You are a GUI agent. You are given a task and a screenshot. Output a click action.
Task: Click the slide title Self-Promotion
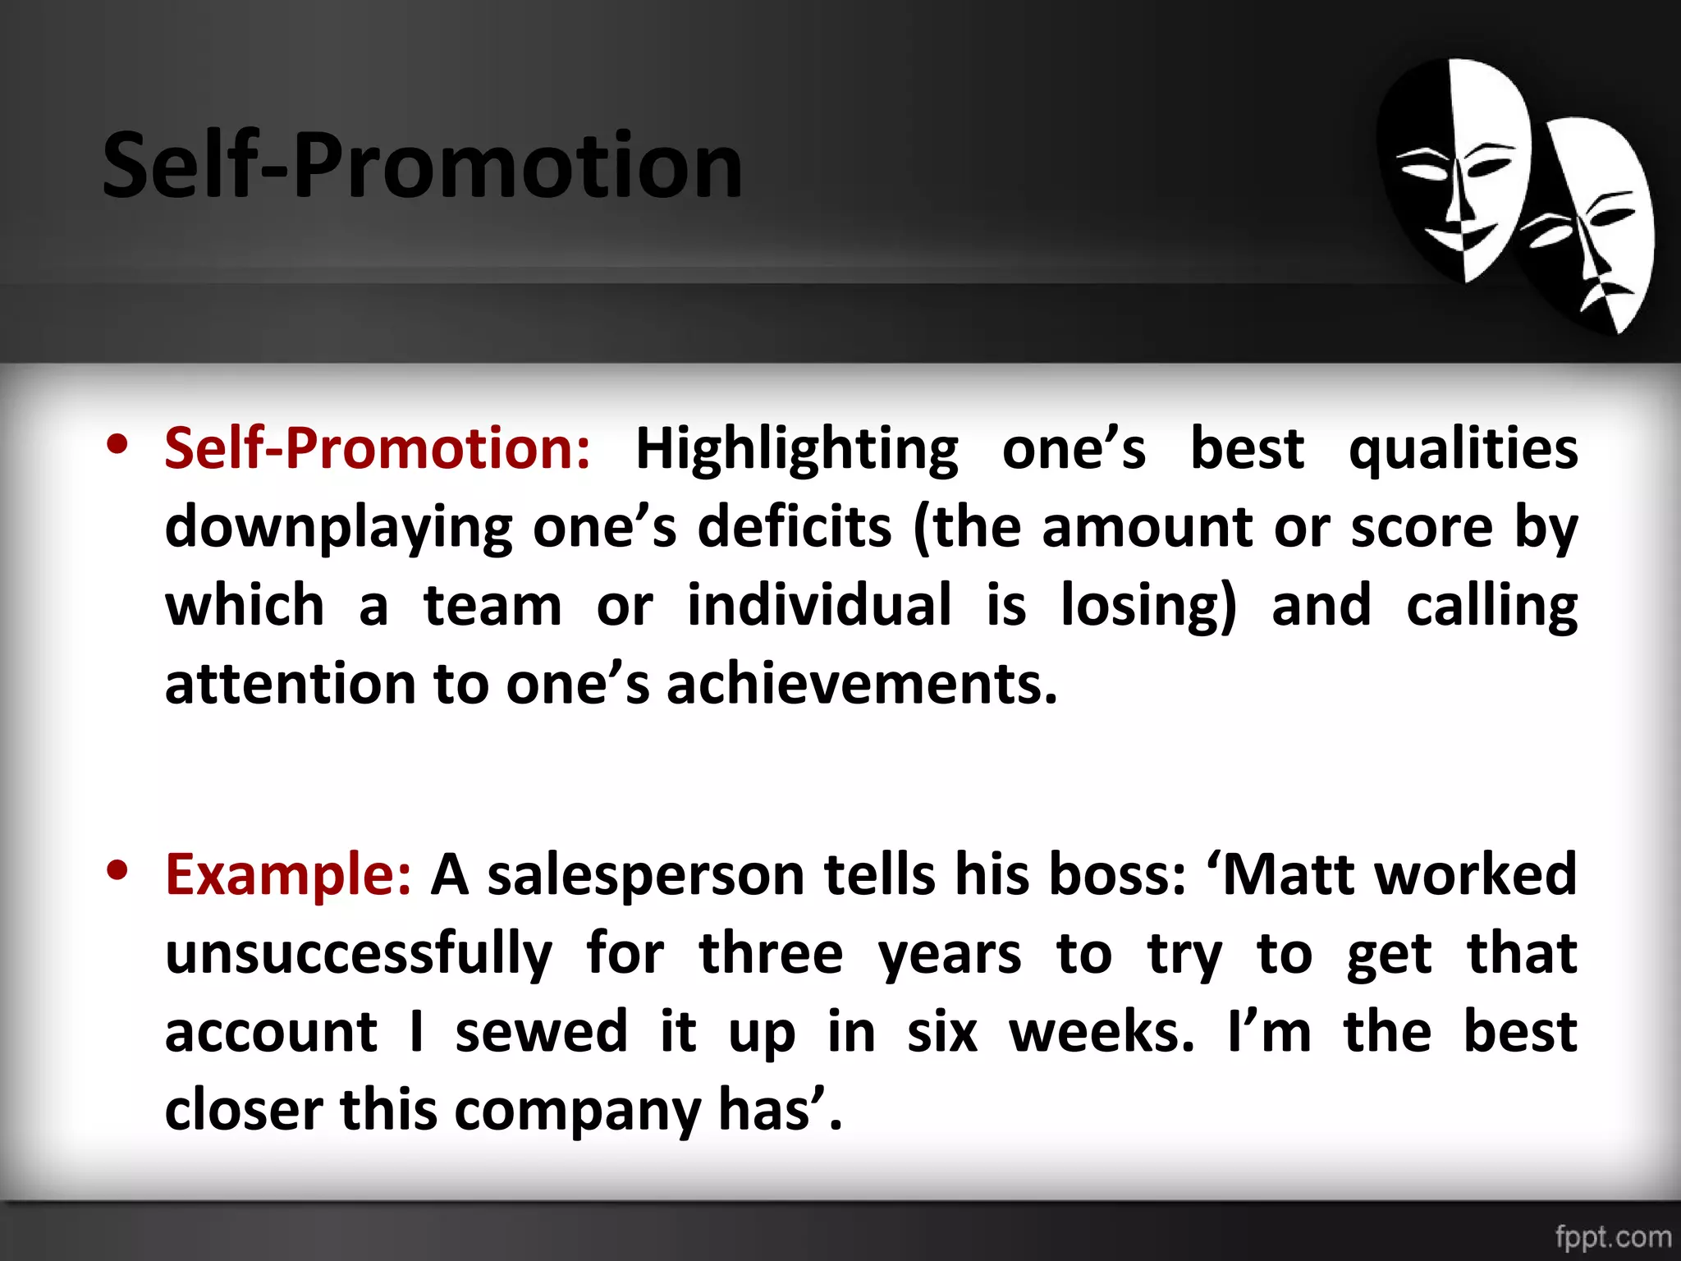(423, 167)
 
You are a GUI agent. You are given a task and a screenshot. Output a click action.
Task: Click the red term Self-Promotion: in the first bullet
(377, 449)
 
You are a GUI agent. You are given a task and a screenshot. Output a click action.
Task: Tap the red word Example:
(288, 874)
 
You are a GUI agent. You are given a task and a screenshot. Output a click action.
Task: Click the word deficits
(794, 526)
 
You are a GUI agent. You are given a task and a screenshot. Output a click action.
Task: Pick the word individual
(819, 606)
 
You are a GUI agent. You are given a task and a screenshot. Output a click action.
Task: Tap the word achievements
(861, 684)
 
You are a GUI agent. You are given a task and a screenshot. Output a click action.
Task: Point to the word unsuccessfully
(359, 955)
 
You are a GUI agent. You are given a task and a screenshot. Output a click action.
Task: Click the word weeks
(1101, 1032)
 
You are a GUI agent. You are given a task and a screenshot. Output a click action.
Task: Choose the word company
(577, 1111)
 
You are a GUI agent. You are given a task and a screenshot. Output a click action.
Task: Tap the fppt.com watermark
(1613, 1236)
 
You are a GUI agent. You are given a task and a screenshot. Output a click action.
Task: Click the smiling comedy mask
(1453, 168)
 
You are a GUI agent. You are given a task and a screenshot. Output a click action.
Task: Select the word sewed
(541, 1032)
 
